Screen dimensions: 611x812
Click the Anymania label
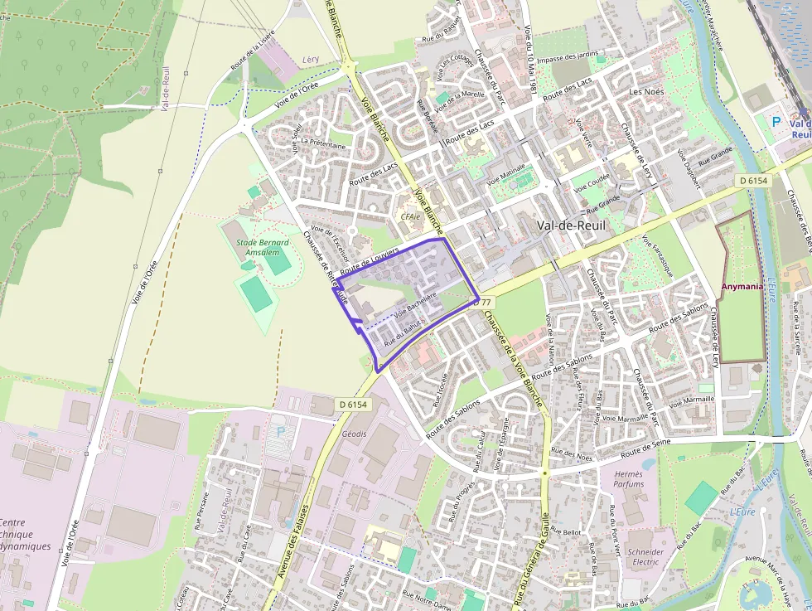[x=742, y=286]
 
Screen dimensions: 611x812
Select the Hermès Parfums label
[x=629, y=478]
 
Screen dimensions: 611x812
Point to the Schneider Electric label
[x=645, y=556]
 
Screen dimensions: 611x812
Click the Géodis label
[x=354, y=434]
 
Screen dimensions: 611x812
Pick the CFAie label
[x=411, y=216]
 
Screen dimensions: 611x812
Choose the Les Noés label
[x=647, y=91]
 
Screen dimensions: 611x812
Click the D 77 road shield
[x=482, y=303]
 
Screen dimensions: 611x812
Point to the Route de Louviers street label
[x=370, y=259]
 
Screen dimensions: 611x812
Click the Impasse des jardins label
[x=567, y=59]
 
